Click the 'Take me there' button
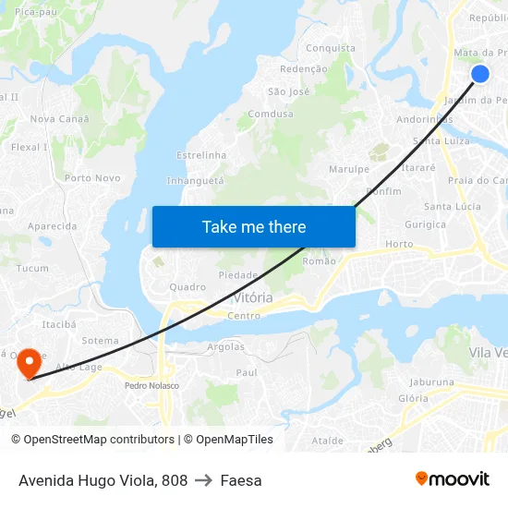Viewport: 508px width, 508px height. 254,226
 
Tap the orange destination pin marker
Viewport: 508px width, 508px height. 30,361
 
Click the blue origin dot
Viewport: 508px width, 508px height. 480,74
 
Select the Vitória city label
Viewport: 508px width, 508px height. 252,297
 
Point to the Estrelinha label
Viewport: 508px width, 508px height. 200,155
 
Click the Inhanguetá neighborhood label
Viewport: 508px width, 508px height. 195,181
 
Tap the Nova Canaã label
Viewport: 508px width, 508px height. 60,119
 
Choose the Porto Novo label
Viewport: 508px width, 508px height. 92,178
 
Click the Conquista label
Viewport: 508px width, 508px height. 330,48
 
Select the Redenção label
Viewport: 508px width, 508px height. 303,69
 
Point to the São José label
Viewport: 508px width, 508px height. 288,91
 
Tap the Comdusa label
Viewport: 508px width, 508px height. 271,115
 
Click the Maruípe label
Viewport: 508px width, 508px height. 349,169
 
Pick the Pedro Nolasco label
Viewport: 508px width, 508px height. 151,385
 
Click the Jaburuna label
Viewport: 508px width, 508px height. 431,381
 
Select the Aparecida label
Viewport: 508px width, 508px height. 53,226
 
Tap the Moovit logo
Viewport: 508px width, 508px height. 452,479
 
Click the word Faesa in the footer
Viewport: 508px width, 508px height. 241,480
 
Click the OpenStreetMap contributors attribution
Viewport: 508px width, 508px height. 92,440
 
